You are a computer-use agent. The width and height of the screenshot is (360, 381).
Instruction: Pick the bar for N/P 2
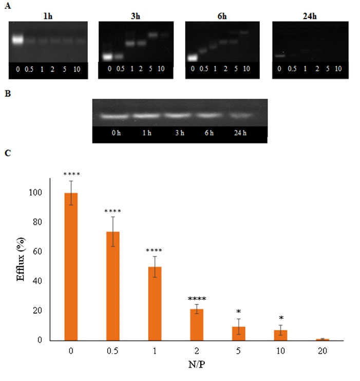(197, 324)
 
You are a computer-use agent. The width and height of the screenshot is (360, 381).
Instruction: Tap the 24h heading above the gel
(310, 15)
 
